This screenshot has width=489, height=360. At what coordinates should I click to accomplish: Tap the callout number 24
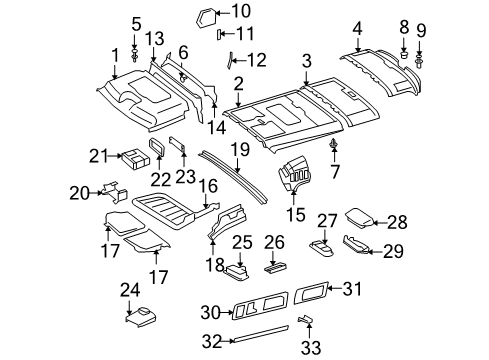coord(128,290)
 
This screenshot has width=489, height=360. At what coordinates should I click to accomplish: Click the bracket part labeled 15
coord(299,178)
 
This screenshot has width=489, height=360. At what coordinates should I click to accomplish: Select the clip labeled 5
coord(134,57)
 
